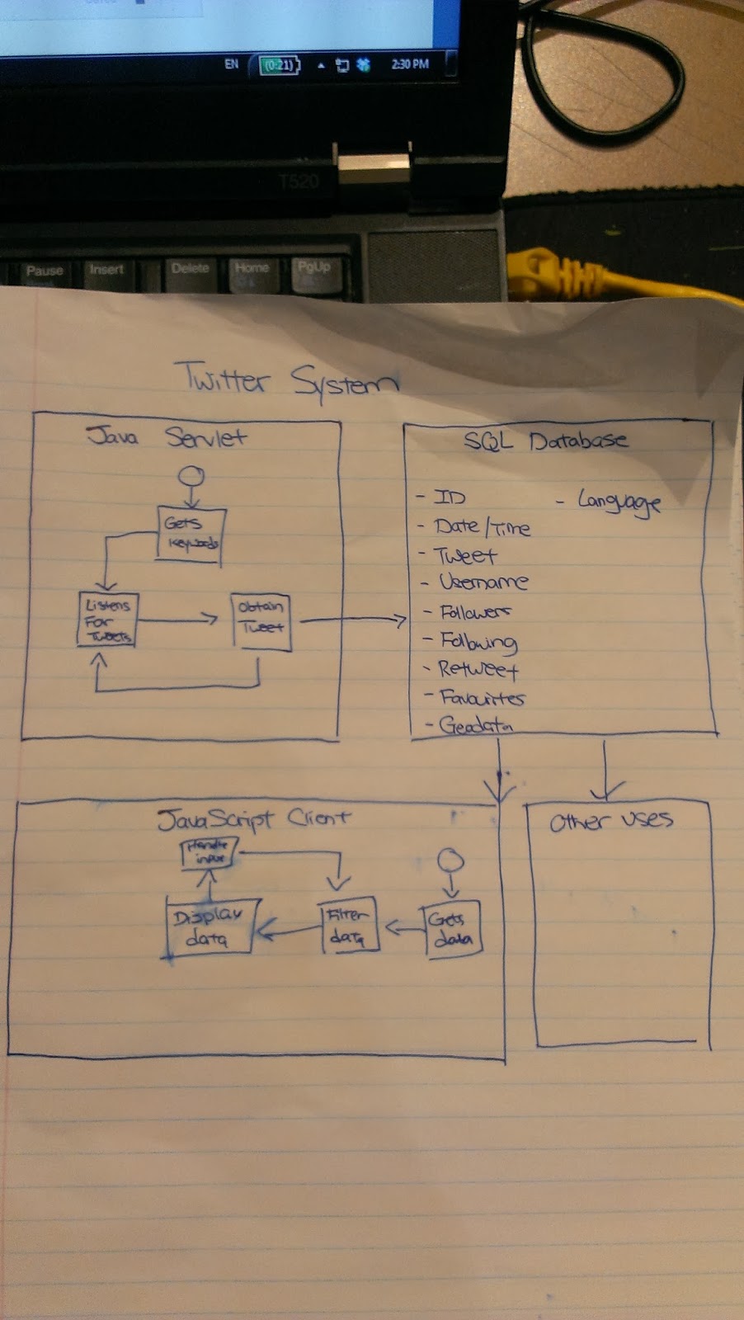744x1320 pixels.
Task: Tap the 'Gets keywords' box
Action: click(x=191, y=534)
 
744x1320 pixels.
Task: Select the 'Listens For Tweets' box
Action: click(x=107, y=620)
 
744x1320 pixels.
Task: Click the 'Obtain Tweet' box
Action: click(x=261, y=620)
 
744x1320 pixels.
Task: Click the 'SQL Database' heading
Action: click(x=545, y=441)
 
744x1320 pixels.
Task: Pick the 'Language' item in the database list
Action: click(x=619, y=501)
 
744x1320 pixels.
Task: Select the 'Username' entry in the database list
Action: click(x=483, y=582)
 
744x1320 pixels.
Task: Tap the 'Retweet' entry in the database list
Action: click(x=478, y=669)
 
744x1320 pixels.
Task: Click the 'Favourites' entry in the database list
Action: click(x=482, y=698)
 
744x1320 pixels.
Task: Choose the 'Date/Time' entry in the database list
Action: click(x=482, y=527)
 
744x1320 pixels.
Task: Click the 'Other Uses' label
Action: click(x=611, y=821)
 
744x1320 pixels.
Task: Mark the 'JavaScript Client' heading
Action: click(x=254, y=819)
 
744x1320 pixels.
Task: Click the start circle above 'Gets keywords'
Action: click(x=192, y=476)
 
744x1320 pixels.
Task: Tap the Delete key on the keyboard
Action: click(x=191, y=269)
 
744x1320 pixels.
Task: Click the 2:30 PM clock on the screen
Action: click(x=410, y=64)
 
